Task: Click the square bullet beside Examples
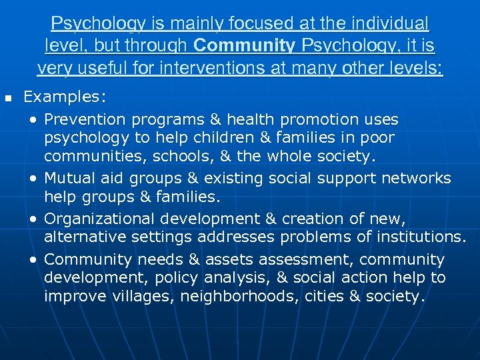[x=9, y=98]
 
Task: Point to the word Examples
[x=64, y=97]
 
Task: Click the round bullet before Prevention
[x=33, y=120]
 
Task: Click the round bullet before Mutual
[x=33, y=179]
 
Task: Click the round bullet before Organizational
[x=33, y=219]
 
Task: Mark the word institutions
[x=419, y=236]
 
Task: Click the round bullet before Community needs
[x=33, y=260]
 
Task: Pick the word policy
[x=179, y=277]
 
